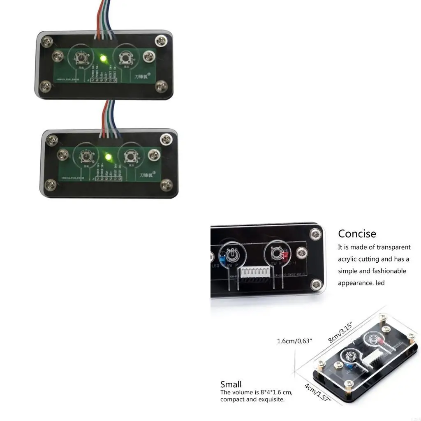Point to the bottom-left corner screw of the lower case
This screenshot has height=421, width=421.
52,184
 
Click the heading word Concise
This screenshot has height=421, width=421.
357,234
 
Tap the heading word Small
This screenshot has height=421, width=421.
231,384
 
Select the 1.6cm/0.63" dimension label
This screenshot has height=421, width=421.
294,341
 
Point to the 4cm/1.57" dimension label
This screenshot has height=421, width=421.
317,393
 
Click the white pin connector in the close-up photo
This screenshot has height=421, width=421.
257,272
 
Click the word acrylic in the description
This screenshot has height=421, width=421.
349,259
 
